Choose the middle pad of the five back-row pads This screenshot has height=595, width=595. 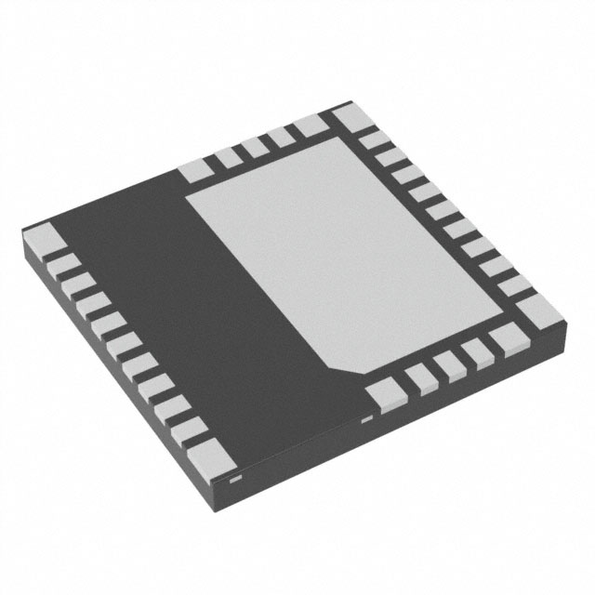[254, 149]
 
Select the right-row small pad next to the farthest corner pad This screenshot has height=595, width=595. [372, 140]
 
